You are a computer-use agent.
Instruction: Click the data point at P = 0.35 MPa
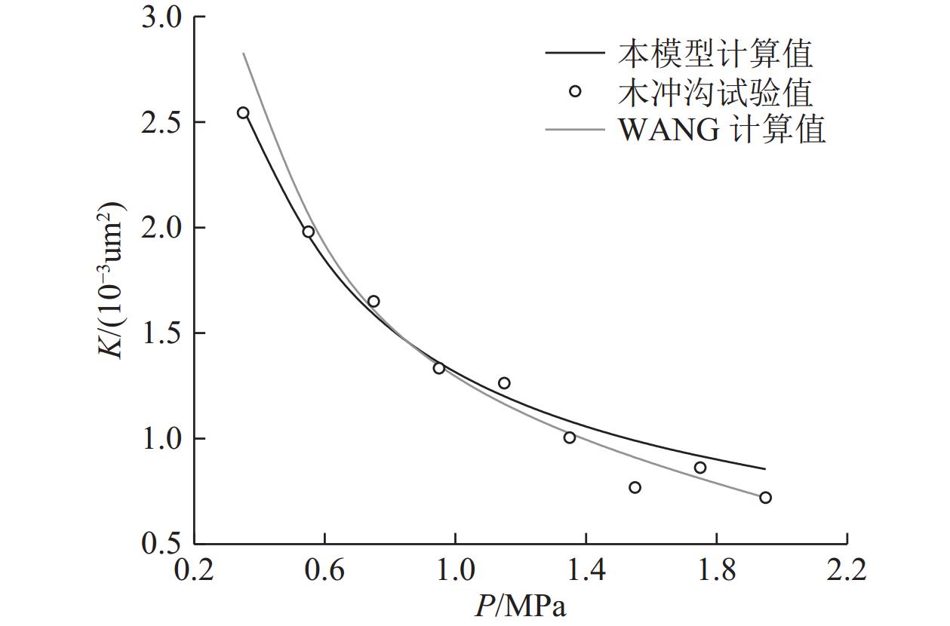[243, 113]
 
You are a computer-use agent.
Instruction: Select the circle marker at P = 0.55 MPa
[309, 232]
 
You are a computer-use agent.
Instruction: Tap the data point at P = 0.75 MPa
[374, 302]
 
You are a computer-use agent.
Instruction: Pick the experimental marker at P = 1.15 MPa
[504, 383]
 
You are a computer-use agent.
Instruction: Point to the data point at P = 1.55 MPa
[635, 487]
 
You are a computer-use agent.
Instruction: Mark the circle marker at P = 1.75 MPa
[700, 468]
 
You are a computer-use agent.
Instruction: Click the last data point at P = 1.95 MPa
[765, 498]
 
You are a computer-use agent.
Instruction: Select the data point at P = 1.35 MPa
[570, 437]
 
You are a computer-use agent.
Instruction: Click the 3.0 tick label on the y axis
[161, 17]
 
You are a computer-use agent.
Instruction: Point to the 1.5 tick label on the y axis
[161, 333]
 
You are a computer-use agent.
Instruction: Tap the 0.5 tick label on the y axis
[161, 544]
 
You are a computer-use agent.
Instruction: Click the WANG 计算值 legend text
[722, 130]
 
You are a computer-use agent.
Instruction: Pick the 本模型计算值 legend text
[715, 54]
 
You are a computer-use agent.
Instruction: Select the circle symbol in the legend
[575, 91]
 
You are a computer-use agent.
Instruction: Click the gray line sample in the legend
[575, 130]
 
